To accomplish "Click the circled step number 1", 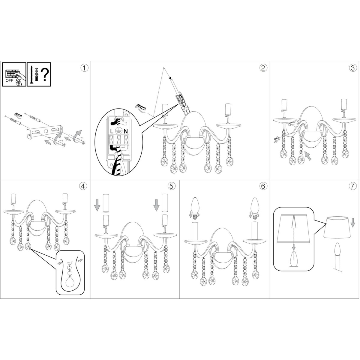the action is (x=84, y=68).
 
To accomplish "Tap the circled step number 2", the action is (x=263, y=68).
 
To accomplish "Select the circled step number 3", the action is (x=352, y=68).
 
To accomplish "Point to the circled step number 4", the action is (x=83, y=186).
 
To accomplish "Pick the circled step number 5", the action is (x=172, y=186).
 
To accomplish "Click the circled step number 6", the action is (x=263, y=186).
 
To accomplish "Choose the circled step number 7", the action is (x=352, y=186).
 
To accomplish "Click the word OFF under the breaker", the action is (x=9, y=81).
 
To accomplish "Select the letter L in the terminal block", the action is (x=112, y=131).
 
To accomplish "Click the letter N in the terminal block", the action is (x=126, y=131).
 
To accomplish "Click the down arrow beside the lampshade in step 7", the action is (x=352, y=222).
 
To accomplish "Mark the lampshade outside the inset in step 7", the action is (x=338, y=227).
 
